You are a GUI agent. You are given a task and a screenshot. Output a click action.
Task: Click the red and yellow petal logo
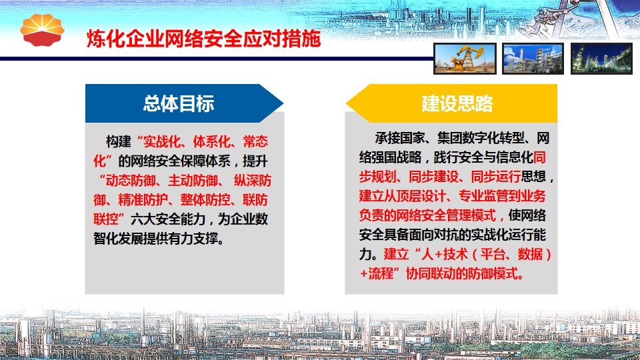pyautogui.click(x=42, y=30)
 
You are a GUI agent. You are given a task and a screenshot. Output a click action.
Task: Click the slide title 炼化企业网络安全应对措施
pyautogui.click(x=204, y=39)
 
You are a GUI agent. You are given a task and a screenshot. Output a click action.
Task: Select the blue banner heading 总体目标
pyautogui.click(x=179, y=103)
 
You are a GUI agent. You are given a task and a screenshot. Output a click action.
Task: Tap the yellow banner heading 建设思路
pyautogui.click(x=457, y=103)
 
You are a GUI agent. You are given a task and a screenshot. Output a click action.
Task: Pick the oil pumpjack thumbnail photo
pyautogui.click(x=465, y=59)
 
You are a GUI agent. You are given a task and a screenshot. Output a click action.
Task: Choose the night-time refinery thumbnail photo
pyautogui.click(x=601, y=59)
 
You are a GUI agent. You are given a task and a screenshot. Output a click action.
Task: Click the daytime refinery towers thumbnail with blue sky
pyautogui.click(x=533, y=59)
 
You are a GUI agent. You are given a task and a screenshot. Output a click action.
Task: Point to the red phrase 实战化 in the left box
pyautogui.click(x=161, y=141)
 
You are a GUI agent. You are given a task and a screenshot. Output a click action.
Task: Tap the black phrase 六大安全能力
pyautogui.click(x=168, y=219)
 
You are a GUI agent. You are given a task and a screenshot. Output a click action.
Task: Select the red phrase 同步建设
pyautogui.click(x=434, y=176)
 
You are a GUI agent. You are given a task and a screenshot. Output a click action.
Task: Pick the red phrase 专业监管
pyautogui.click(x=483, y=196)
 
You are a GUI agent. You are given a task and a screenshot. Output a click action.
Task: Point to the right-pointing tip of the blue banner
pyautogui.click(x=283, y=103)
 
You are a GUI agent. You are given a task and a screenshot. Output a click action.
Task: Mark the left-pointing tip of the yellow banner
pyautogui.click(x=346, y=103)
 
